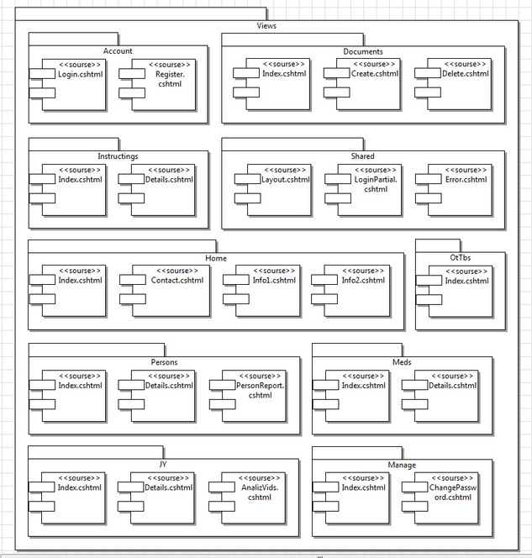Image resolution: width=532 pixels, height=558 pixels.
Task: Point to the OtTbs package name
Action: tap(461, 257)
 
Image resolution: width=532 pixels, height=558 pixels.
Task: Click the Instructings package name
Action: tap(118, 156)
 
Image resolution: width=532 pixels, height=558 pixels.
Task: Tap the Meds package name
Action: tap(402, 362)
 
